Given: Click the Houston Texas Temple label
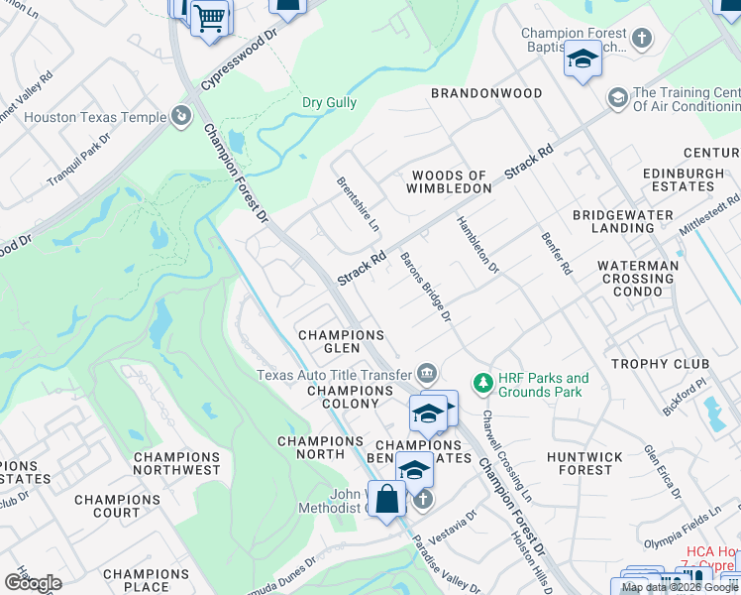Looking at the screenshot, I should click(x=95, y=117).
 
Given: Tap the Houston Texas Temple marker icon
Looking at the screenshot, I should click(x=181, y=118).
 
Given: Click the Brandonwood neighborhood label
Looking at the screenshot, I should click(x=486, y=93).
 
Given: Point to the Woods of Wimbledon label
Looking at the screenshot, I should click(x=451, y=181).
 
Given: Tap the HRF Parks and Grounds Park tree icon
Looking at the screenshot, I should click(x=482, y=382).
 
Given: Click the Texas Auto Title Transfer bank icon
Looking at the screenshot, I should click(x=427, y=374).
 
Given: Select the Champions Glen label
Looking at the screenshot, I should click(x=341, y=342).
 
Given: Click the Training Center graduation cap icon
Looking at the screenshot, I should click(x=617, y=97).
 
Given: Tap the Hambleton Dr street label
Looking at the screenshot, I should click(x=477, y=245).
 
